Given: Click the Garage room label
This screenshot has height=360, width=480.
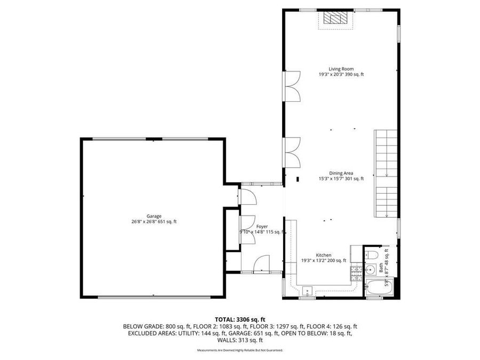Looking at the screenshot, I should (154, 216).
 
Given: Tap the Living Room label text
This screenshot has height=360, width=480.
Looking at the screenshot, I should (341, 69).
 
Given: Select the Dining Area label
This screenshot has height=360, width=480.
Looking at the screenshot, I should (341, 173).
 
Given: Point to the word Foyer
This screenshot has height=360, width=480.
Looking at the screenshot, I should (261, 227).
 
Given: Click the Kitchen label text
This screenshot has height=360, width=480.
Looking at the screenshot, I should (324, 255).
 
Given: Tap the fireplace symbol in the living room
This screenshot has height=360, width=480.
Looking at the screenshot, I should (336, 20).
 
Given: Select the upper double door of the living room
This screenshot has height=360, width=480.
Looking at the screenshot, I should (293, 87).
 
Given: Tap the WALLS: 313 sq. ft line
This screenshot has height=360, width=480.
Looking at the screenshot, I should (239, 340).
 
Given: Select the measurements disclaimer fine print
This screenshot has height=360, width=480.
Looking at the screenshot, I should (239, 350).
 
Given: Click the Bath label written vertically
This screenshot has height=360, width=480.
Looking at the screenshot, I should (380, 267).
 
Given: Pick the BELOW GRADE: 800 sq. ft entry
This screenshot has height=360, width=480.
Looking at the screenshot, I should (148, 326).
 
